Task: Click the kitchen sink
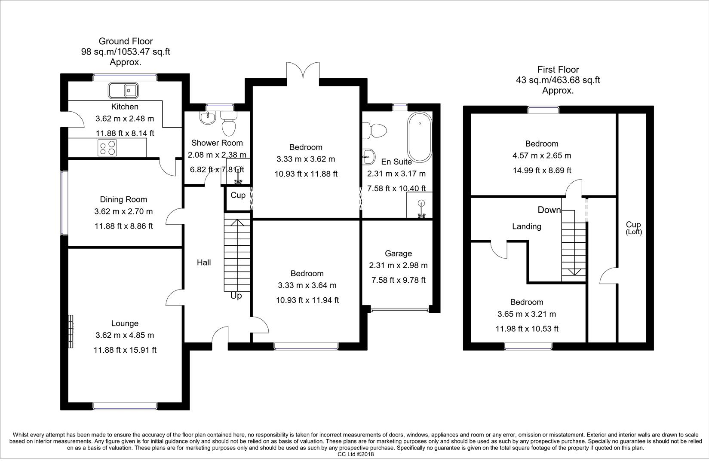coord(123,91)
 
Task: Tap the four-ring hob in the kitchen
coord(108,148)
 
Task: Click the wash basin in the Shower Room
coord(208,117)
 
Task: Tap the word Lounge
coord(125,324)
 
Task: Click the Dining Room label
coord(123,199)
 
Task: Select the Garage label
coord(398,253)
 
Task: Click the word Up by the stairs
coord(236,296)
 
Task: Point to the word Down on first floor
coord(549,210)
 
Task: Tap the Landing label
coord(526,226)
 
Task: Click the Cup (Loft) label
coord(633,227)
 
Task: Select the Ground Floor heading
coord(126,41)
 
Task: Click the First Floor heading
coord(558,70)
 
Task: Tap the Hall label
coord(204,262)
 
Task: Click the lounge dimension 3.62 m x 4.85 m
coord(125,336)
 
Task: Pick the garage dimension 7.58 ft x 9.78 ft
coord(398,280)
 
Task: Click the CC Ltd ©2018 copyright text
coord(356,454)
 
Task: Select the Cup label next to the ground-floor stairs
coord(238,195)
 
